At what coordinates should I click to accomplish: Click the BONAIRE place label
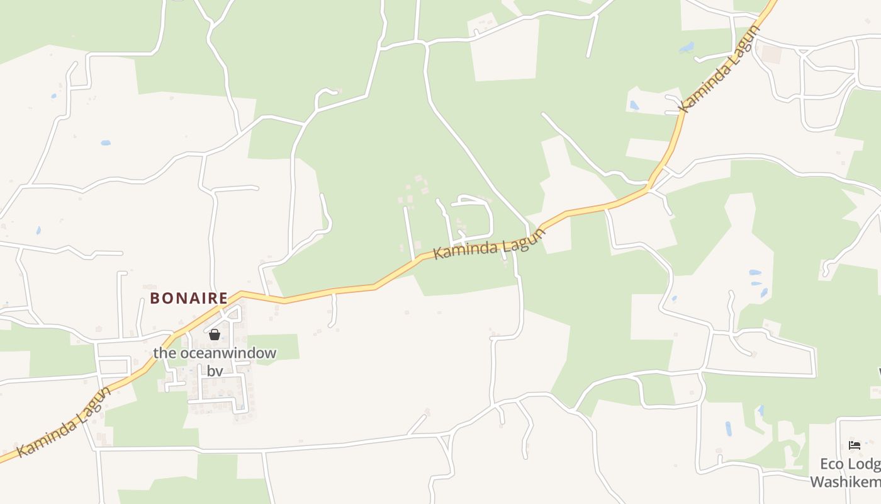pos(189,298)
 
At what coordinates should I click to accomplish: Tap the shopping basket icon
pos(215,334)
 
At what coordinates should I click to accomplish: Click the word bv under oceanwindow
pos(215,371)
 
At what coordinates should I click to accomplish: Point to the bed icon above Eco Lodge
pos(855,445)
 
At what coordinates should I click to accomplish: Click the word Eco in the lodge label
pos(831,464)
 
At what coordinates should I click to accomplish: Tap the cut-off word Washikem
pos(845,483)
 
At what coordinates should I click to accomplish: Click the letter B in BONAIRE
pos(154,298)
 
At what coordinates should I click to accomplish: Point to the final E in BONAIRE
pos(223,298)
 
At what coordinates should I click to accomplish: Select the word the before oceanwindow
pos(165,353)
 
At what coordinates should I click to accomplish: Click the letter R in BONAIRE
pos(211,298)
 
